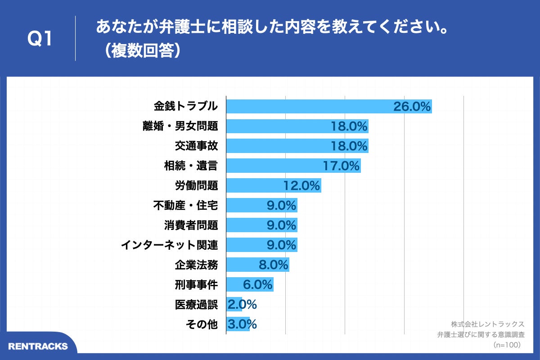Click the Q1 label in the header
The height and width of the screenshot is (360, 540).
pos(40,39)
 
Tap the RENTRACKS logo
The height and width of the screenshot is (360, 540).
pos(38,346)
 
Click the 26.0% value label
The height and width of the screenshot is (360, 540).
pos(412,106)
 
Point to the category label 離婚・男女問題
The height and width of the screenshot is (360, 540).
pos(180,126)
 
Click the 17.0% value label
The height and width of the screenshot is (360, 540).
pos(341,166)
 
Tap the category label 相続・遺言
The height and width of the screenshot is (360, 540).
pos(191,166)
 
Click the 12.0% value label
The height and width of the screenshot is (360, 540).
pos(301,185)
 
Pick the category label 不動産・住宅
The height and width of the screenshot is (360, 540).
pos(185,205)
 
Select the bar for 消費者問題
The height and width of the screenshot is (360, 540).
pos(261,225)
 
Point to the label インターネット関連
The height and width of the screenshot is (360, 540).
pos(170,245)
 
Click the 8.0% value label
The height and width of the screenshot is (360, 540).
pos(274,265)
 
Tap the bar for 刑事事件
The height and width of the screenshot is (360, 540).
pos(249,284)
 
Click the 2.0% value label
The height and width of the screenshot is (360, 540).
pos(242,304)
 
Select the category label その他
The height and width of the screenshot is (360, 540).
pos(202,324)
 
